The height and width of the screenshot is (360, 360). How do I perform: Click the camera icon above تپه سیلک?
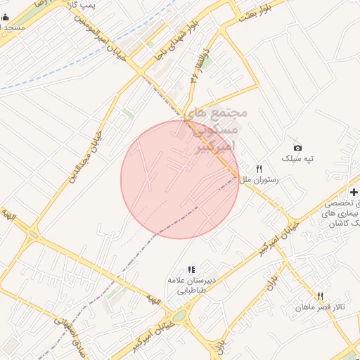297,147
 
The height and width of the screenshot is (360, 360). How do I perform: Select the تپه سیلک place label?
297,160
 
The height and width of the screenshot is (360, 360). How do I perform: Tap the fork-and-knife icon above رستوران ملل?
259,168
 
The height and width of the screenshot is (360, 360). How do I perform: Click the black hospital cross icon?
353,191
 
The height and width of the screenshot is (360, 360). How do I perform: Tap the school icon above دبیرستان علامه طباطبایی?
190,269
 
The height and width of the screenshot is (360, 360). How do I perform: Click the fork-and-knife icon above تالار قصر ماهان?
320,296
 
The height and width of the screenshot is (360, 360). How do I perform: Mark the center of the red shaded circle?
180,179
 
